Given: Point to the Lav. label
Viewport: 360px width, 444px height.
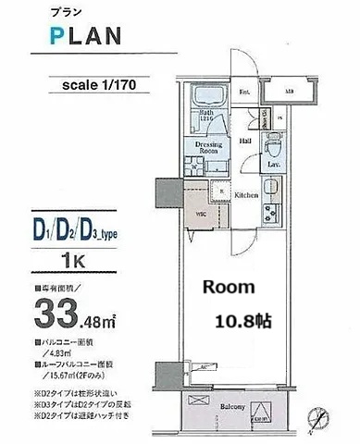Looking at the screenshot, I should pos(275,166).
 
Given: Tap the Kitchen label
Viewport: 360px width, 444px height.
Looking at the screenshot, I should pos(245,196).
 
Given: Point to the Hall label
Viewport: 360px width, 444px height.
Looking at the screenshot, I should pos(246,141).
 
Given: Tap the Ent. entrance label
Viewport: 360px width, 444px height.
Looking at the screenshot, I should pos(244,93).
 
